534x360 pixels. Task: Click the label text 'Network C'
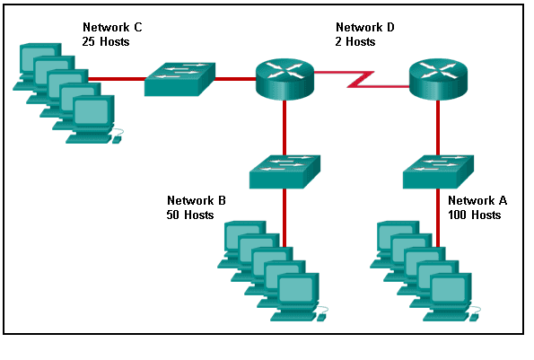pos(112,27)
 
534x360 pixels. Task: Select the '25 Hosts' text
pos(107,41)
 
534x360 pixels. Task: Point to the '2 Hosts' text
pos(355,41)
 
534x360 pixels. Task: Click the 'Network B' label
pos(197,200)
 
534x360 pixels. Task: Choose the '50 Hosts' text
pos(190,215)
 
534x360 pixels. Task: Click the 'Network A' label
pos(477,200)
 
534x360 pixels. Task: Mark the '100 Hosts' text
pos(474,215)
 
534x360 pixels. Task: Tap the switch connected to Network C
pos(179,79)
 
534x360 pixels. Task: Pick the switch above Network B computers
pos(284,171)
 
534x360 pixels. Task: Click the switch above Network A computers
pos(438,171)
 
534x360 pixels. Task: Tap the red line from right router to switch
pos(438,126)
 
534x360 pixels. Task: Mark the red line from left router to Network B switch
pos(284,126)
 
